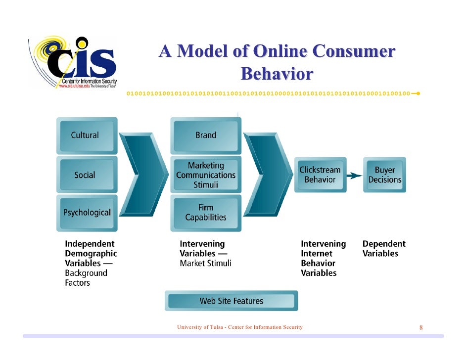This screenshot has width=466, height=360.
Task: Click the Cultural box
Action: click(x=86, y=135)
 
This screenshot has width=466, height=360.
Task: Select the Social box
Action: click(x=86, y=175)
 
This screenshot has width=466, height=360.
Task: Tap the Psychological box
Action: click(x=87, y=213)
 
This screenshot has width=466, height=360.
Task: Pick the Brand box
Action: click(x=206, y=135)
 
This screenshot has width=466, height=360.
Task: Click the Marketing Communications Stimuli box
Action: click(x=206, y=175)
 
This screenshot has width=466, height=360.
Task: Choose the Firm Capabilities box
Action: click(x=206, y=213)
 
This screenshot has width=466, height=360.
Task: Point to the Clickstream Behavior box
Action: click(x=320, y=175)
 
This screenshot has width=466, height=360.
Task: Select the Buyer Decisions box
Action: click(x=384, y=175)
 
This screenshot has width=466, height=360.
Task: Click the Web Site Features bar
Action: click(x=231, y=301)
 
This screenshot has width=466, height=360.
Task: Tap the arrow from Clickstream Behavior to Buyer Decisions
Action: click(x=353, y=175)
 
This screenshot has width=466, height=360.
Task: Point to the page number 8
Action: click(x=421, y=327)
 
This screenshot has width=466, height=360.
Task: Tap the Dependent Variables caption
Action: click(x=384, y=249)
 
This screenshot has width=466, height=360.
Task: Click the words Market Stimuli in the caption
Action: click(x=205, y=263)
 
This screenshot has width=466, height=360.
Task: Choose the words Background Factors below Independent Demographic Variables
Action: click(x=86, y=278)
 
